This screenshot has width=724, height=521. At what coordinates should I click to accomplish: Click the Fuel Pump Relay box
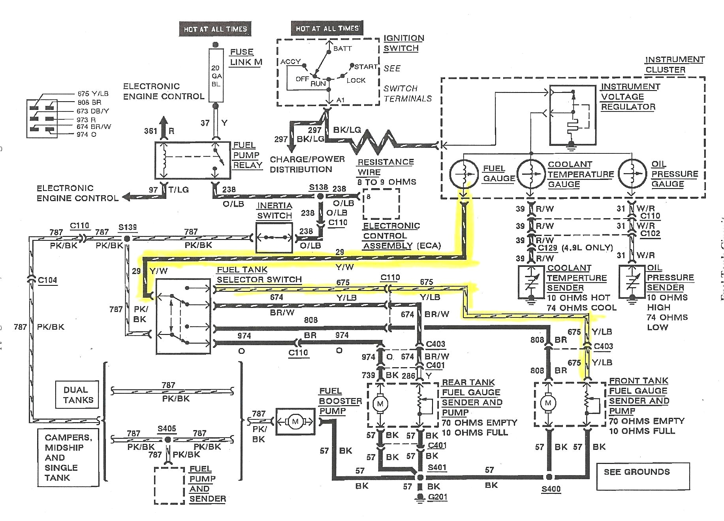point(192,160)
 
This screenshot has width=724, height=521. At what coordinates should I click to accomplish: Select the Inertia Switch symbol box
point(274,238)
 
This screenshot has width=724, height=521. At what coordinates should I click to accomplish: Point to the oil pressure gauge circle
point(632,173)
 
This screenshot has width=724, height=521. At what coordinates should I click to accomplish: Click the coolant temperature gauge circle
point(531,173)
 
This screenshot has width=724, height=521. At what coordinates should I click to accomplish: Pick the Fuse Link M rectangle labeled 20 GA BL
point(216,76)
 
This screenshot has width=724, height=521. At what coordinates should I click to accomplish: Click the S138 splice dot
point(320,196)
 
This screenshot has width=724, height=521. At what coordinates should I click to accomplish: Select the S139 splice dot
point(127,239)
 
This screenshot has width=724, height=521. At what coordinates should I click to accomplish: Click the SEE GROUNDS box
point(643,476)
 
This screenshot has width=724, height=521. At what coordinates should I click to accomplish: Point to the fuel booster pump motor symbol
point(295,421)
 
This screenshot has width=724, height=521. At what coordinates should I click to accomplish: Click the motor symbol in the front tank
point(548,403)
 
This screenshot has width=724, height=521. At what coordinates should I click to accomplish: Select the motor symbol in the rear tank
point(380,404)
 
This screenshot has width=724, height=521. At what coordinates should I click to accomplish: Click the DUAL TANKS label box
point(78,395)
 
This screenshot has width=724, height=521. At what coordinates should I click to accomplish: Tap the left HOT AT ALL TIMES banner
point(215,29)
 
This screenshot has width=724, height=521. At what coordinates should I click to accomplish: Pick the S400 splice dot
point(549,477)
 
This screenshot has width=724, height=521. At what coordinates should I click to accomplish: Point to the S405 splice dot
point(168,440)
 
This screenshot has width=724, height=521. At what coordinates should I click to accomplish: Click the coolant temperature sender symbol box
point(531,282)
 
